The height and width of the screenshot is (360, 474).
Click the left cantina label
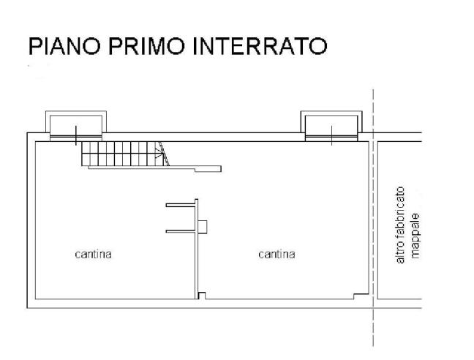point(93,255)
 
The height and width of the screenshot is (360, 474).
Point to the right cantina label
point(277,255)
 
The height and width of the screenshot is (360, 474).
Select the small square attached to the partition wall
point(203,225)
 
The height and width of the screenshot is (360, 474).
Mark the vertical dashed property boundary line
point(373,220)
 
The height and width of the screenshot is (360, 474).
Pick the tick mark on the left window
point(77,135)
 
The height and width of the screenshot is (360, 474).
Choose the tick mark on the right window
point(332,134)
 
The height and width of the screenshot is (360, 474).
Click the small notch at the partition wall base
point(203,296)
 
